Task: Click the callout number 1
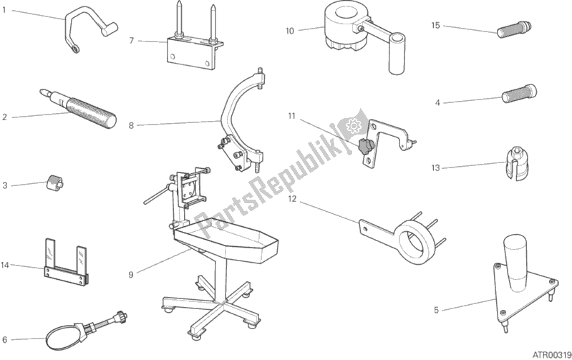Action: (4, 10)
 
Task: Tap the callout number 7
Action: (132, 41)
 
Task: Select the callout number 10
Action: (289, 31)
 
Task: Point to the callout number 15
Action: (435, 25)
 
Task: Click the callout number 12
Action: (292, 199)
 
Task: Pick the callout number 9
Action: (131, 275)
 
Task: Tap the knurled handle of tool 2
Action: (90, 112)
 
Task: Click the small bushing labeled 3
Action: (54, 181)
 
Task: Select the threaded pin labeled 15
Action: (514, 29)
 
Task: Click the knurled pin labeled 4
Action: (519, 93)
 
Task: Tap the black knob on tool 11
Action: (364, 147)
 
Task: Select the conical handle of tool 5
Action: (515, 263)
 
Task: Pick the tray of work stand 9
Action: (226, 240)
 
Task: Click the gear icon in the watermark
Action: (353, 125)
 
